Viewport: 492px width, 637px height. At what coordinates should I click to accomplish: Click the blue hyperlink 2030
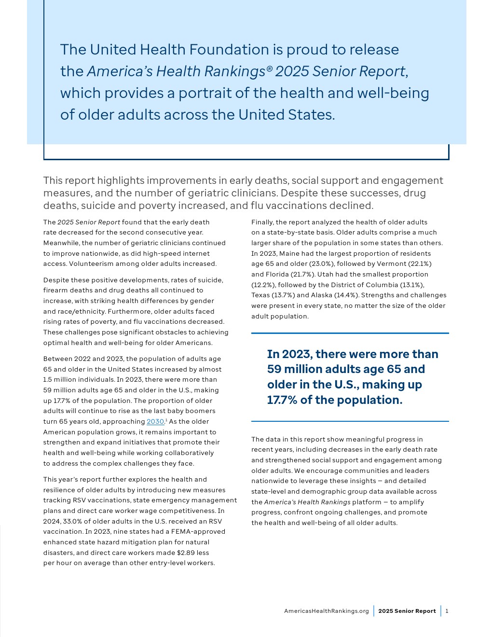pyautogui.click(x=155, y=421)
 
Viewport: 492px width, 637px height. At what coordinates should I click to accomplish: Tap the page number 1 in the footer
pyautogui.click(x=447, y=611)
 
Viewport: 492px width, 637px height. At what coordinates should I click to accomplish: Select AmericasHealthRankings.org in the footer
pyautogui.click(x=326, y=611)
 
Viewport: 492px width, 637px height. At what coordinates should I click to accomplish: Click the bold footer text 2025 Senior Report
pyautogui.click(x=407, y=611)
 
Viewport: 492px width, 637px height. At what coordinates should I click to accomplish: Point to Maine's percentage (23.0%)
pyautogui.click(x=350, y=263)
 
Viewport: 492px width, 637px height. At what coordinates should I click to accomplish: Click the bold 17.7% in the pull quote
pyautogui.click(x=282, y=400)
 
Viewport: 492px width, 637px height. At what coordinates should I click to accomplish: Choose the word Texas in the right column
pyautogui.click(x=260, y=295)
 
